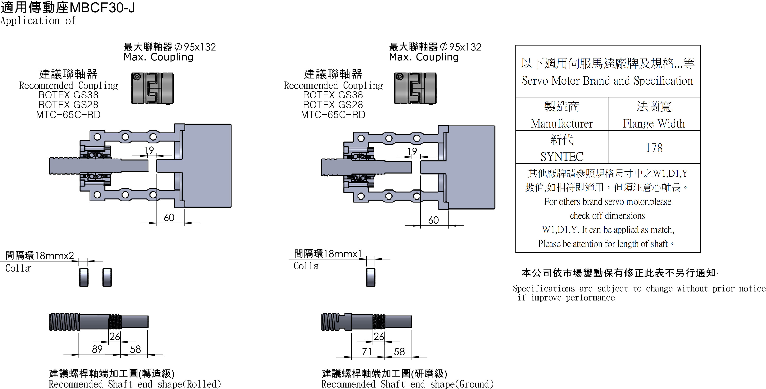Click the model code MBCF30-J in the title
pyautogui.click(x=103, y=7)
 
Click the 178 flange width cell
pyautogui.click(x=654, y=147)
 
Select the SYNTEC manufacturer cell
pyautogui.click(x=562, y=156)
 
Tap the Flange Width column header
pyautogui.click(x=654, y=123)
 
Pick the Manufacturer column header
pyautogui.click(x=562, y=123)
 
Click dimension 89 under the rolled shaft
pyautogui.click(x=97, y=349)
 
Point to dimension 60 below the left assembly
pyautogui.click(x=169, y=217)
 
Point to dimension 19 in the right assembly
pyautogui.click(x=412, y=152)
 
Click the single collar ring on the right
pyautogui.click(x=371, y=277)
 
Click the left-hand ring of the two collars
pyautogui.click(x=84, y=277)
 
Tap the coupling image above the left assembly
pyautogui.click(x=153, y=88)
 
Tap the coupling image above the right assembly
pyautogui.click(x=415, y=88)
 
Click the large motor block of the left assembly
pyautogui.click(x=207, y=166)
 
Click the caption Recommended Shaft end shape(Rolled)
pyautogui.click(x=135, y=384)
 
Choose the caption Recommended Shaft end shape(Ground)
pyautogui.click(x=407, y=384)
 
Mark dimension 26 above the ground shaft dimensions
pyautogui.click(x=379, y=336)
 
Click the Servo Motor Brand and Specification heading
pyautogui.click(x=607, y=81)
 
